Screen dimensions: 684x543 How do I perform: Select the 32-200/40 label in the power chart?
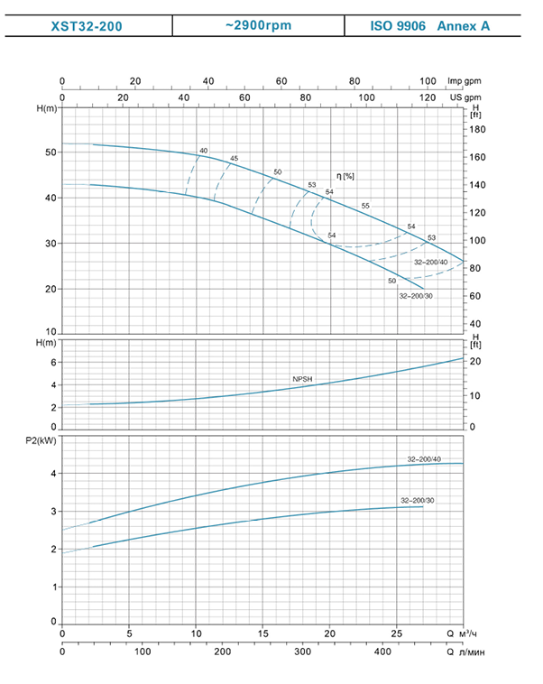click(422, 458)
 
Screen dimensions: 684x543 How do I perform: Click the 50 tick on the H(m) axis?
click(48, 152)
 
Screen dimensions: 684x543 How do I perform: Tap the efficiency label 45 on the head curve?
click(234, 159)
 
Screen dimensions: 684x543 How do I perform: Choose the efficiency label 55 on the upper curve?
click(365, 207)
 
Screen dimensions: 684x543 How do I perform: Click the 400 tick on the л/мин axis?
click(382, 652)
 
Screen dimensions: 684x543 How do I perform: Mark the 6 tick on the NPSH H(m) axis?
click(52, 363)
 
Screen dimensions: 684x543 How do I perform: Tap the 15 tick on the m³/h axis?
click(263, 632)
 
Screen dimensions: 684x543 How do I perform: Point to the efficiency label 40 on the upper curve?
click(203, 150)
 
